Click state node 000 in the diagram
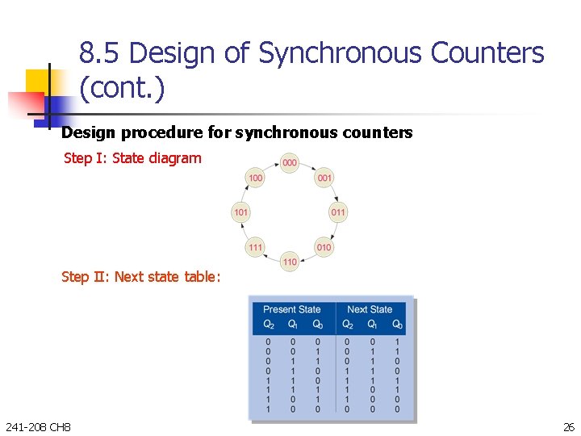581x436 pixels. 289,163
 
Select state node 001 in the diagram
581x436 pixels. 324,178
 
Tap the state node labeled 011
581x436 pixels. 338,212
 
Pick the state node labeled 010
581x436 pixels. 324,247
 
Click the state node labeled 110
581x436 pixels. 289,262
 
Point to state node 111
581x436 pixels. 255,247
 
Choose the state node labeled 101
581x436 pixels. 240,212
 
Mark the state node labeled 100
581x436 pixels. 255,178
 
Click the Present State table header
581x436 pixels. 291,309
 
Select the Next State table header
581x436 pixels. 370,309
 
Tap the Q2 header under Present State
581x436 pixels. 269,325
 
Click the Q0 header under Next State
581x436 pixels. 397,325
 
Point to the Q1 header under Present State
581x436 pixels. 293,325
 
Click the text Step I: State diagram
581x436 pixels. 132,158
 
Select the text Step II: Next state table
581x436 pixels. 140,277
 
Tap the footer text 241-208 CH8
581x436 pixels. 37,426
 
